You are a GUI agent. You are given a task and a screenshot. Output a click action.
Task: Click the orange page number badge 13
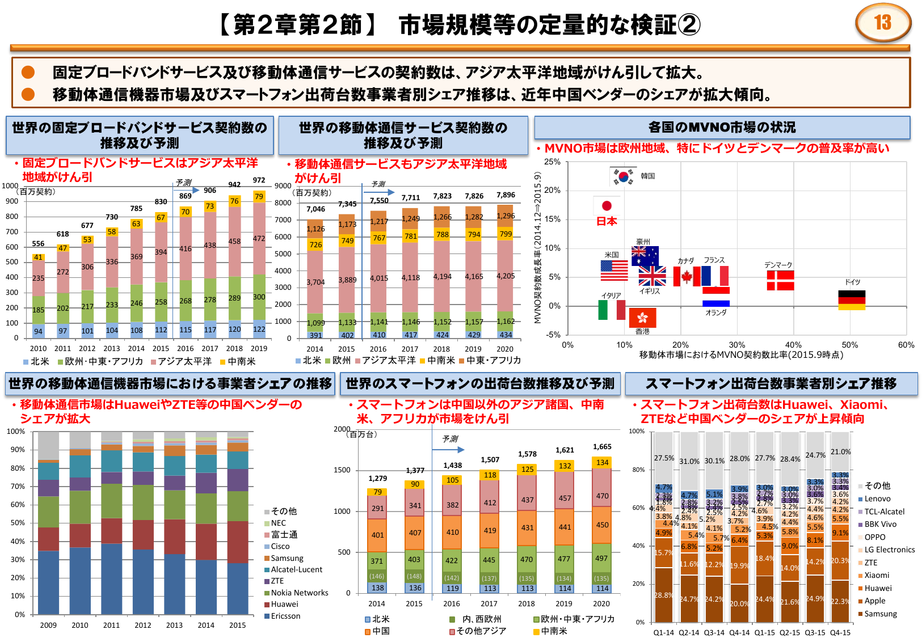pos(882,23)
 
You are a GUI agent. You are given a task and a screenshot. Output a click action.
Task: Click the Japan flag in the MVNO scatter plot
pos(607,205)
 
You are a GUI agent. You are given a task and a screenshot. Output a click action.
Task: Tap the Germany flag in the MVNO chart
pos(852,301)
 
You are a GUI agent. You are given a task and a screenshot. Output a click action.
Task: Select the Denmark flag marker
pos(780,280)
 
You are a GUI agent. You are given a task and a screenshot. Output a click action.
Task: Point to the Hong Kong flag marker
pos(642,318)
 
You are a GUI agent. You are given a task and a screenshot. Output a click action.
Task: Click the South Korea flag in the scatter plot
pos(624,176)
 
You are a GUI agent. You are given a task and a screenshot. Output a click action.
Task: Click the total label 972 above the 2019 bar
pos(259,180)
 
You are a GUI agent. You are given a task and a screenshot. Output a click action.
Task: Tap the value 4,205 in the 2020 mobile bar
pos(506,276)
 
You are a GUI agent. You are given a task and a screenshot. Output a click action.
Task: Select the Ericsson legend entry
pos(285,616)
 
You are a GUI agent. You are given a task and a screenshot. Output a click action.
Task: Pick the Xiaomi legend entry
pos(877,575)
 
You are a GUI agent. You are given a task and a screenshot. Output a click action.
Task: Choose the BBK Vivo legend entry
pos(880,525)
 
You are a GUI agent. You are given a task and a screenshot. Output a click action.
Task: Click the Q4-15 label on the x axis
pos(840,632)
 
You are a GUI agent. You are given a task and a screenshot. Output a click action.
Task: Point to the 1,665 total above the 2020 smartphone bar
pos(602,447)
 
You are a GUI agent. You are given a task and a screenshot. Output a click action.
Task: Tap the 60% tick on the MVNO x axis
pos(906,345)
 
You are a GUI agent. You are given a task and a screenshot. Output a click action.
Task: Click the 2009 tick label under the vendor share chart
pos(48,625)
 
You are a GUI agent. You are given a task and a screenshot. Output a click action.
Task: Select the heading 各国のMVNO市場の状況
pos(722,128)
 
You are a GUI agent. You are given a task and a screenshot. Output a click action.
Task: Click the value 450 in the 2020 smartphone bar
pos(602,525)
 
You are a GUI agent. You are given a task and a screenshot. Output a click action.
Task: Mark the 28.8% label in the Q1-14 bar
pos(663,595)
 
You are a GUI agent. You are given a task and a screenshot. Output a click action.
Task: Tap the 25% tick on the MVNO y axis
pos(552,162)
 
